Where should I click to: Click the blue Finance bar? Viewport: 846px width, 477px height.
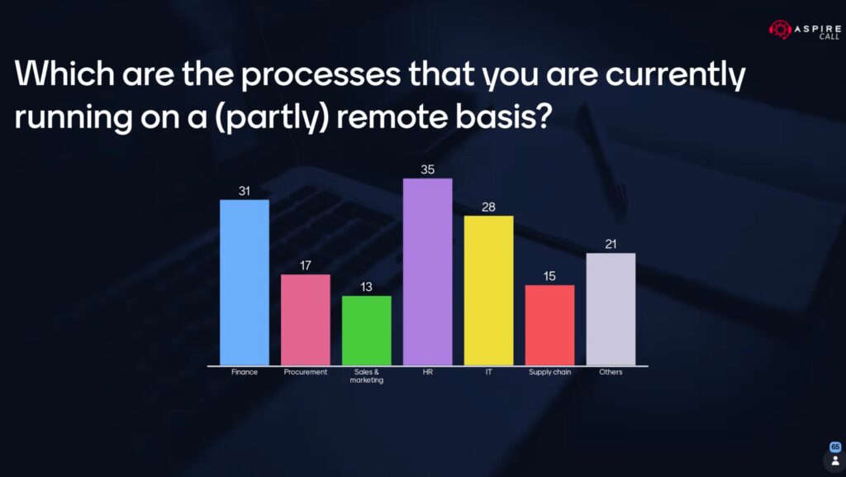245,282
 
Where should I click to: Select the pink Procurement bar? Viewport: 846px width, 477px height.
306,319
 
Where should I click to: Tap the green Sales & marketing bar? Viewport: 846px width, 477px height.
366,330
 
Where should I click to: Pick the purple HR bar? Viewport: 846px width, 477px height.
427,271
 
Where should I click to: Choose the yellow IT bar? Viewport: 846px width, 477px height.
488,290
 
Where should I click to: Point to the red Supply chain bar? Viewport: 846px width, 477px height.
549,325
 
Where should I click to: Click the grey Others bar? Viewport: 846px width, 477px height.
611,309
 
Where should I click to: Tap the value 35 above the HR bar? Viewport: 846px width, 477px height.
427,170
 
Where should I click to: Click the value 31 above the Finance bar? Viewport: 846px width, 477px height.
245,191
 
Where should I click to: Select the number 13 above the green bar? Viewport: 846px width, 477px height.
366,287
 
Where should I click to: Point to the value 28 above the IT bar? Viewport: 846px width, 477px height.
488,207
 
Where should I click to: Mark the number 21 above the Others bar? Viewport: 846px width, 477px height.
611,245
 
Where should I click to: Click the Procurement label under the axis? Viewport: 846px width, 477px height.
306,372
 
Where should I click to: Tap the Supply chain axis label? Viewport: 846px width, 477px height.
549,372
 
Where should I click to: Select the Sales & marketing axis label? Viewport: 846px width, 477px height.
366,376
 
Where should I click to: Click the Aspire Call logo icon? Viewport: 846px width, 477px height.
780,30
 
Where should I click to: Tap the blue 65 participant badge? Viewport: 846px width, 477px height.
835,446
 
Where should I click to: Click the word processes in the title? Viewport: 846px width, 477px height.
321,75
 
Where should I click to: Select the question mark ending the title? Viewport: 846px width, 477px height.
544,114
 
